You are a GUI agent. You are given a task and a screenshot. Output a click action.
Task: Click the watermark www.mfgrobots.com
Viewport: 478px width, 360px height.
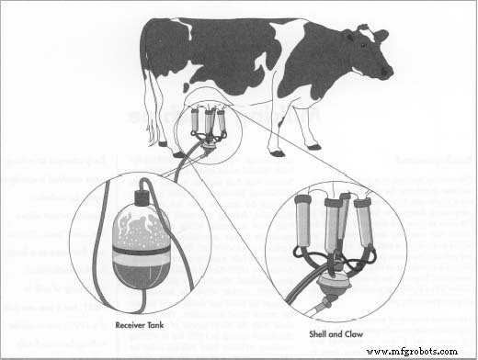click(x=424, y=350)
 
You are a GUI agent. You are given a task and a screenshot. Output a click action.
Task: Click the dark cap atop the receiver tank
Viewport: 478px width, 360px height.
click(x=142, y=197)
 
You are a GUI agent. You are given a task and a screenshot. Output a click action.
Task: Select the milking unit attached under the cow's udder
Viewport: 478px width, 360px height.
click(x=209, y=127)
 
